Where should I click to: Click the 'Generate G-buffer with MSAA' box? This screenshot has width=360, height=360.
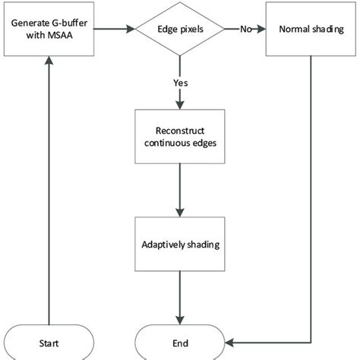coord(47,30)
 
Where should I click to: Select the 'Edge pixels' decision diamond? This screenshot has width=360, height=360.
coord(179,30)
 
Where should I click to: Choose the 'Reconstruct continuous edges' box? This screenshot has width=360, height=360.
coord(179,137)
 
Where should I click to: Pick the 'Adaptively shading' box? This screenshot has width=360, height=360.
coord(179,245)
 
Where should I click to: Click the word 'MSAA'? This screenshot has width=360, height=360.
coord(60,36)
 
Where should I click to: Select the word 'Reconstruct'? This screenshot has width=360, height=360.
coord(179,131)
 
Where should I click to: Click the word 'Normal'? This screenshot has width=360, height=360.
coord(295,30)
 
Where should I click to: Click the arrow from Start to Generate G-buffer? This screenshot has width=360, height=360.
coord(47,190)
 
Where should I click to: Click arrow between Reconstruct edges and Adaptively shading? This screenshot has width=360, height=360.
coord(179,190)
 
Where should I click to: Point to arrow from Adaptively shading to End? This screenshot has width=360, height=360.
coord(179,296)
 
